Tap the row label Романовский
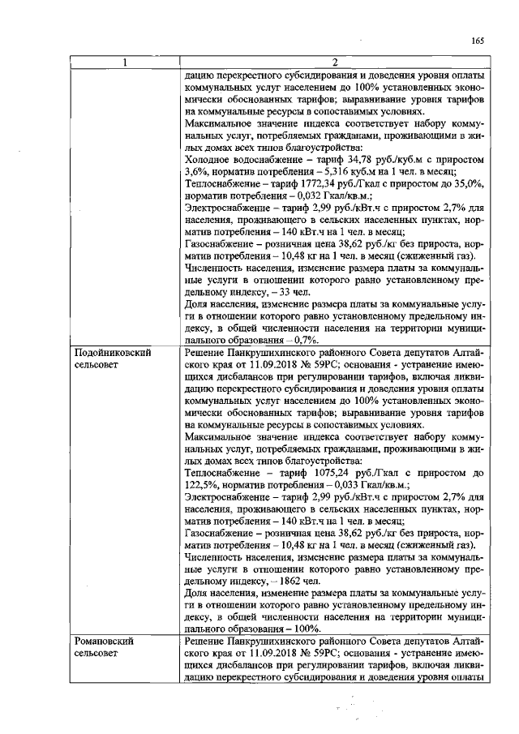(105, 642)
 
